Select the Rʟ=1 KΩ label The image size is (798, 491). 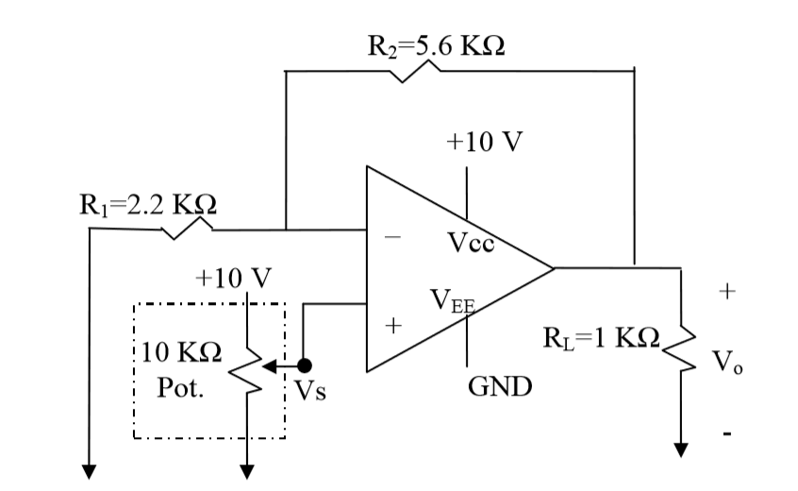point(603,337)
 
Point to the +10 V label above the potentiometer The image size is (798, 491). point(232,278)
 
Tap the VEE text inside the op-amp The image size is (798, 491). point(454,301)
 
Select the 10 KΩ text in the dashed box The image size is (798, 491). point(182,354)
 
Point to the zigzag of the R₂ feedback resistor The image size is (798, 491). point(415,72)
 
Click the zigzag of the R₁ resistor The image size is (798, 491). point(188,229)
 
